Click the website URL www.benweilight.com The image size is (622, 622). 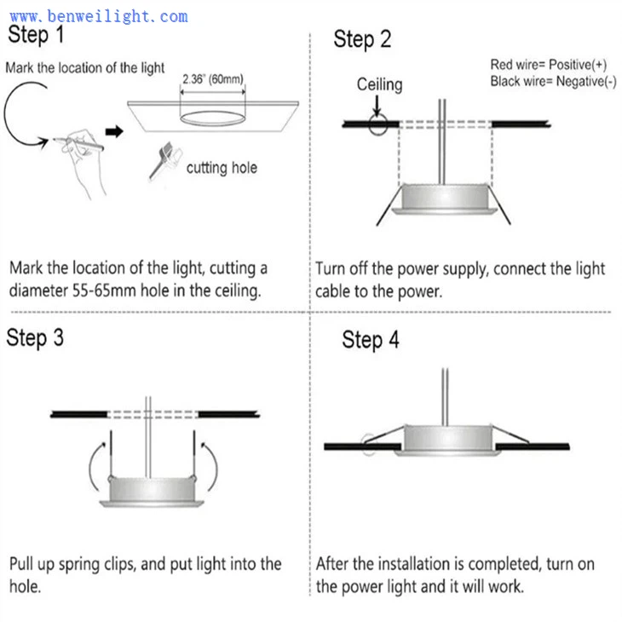point(99,15)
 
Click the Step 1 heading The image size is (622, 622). point(36,36)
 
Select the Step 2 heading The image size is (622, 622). point(362,39)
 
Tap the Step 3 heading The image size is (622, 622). point(36,337)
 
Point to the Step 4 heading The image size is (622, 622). point(371,340)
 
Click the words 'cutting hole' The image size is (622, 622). point(222,168)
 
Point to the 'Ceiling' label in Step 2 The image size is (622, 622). point(379,84)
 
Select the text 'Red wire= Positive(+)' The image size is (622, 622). point(548,65)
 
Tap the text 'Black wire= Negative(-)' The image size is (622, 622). point(553,81)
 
